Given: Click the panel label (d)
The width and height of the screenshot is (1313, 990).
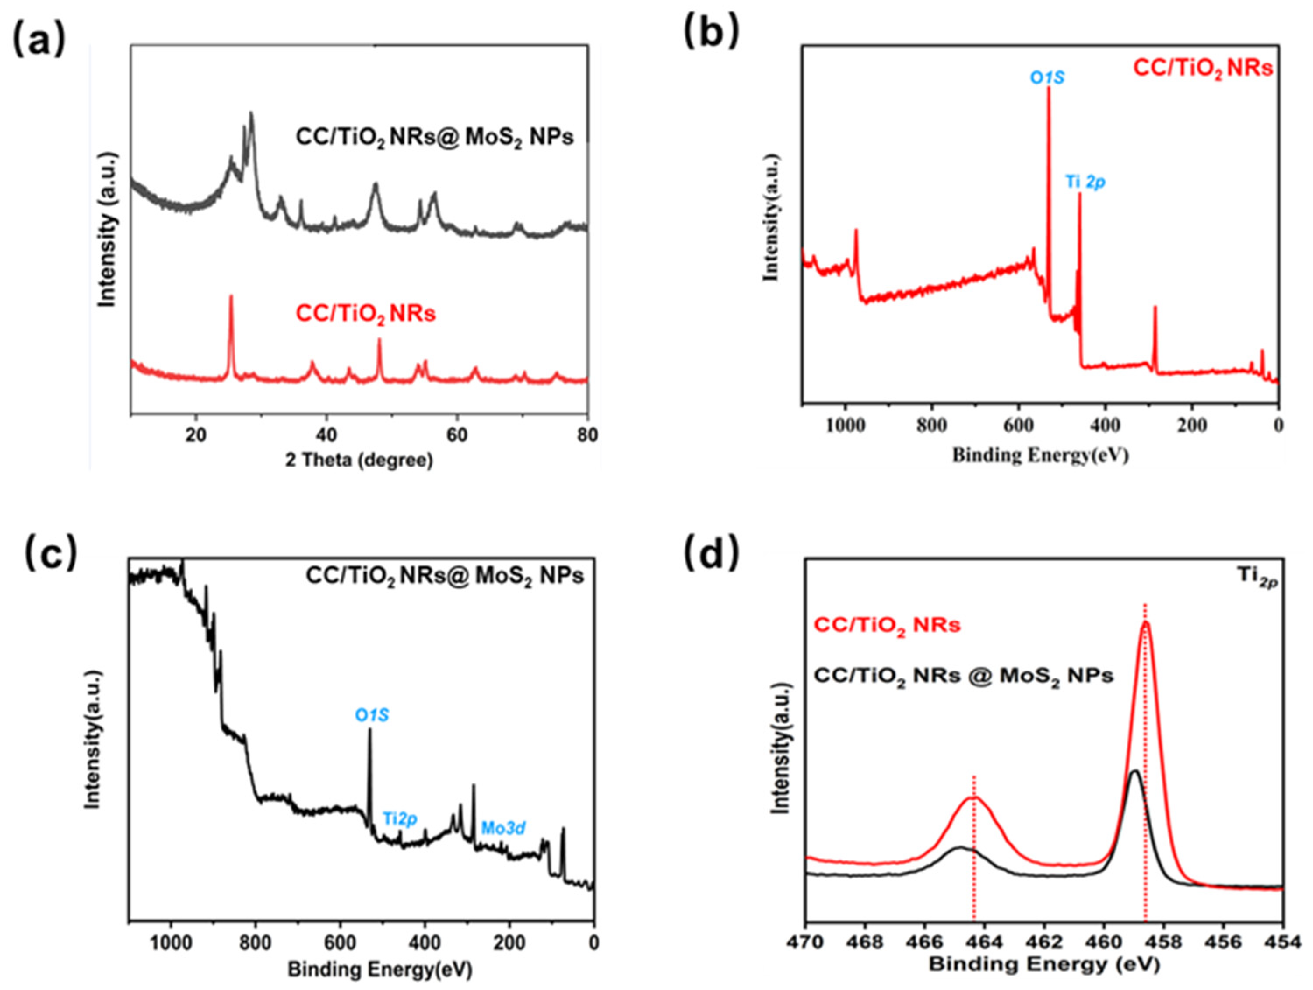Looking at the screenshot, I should pyautogui.click(x=712, y=551).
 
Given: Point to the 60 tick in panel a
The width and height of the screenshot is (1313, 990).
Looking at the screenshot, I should pyautogui.click(x=456, y=435).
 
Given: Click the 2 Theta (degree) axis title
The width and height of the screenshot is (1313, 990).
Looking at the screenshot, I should pyautogui.click(x=359, y=460).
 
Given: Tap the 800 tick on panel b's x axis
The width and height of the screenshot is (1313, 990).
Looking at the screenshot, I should pyautogui.click(x=931, y=425).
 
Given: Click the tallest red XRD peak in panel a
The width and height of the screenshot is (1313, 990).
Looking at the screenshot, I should pyautogui.click(x=231, y=295).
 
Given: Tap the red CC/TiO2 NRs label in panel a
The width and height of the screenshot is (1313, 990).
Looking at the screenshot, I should pyautogui.click(x=365, y=313).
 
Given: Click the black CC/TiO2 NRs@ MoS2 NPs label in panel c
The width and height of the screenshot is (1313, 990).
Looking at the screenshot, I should pyautogui.click(x=445, y=576).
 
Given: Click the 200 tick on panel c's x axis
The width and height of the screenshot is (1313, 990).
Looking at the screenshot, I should pyautogui.click(x=509, y=943).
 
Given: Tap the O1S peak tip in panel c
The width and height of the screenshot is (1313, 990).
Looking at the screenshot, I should pyautogui.click(x=370, y=730).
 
